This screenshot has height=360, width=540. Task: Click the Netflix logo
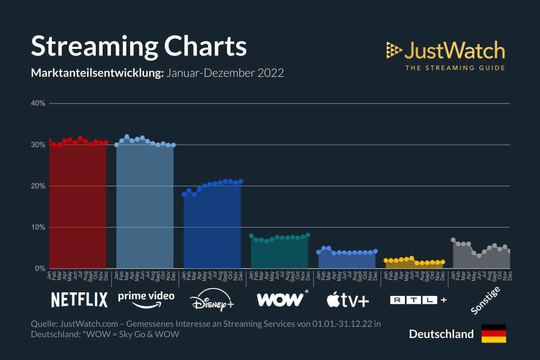(x=80, y=300)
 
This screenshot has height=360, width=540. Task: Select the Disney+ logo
(x=212, y=300)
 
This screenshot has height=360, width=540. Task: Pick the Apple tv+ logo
(x=348, y=300)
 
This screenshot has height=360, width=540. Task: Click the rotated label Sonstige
(x=485, y=301)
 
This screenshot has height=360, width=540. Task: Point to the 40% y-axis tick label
(x=38, y=103)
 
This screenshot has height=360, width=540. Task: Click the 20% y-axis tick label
(x=38, y=186)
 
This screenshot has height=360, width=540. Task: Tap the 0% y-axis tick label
(x=40, y=269)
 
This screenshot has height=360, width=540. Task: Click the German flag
(x=494, y=333)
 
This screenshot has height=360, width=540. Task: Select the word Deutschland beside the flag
(x=441, y=334)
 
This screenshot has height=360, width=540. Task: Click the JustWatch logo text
(x=454, y=50)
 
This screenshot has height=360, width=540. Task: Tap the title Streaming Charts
(x=139, y=46)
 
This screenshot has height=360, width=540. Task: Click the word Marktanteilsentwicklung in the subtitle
(x=97, y=73)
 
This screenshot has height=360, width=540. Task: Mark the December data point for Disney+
(x=241, y=181)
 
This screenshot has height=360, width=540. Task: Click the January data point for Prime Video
(x=117, y=145)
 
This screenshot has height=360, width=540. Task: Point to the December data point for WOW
(x=308, y=235)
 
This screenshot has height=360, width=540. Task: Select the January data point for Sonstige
(x=453, y=240)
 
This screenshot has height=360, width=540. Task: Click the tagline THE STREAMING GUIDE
(x=455, y=68)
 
